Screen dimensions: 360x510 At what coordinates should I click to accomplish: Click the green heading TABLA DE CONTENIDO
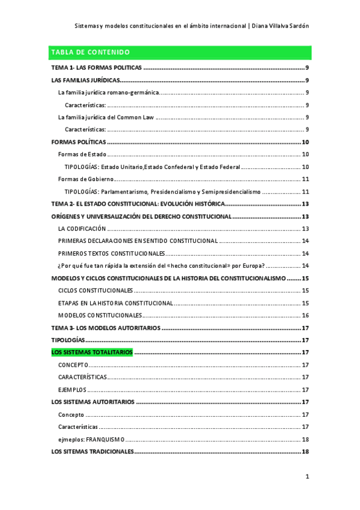coord(90,52)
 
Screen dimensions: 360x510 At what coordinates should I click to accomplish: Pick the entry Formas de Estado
coord(82,155)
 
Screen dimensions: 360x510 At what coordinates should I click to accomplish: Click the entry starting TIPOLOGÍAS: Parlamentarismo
coord(162,192)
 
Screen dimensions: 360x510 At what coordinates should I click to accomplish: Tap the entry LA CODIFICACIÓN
coord(82,229)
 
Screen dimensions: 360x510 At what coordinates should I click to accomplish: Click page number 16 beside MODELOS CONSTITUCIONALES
coord(305,315)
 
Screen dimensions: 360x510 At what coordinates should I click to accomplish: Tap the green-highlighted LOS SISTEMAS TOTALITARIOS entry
coord(92,352)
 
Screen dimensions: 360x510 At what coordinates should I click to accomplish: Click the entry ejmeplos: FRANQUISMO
coord(91,439)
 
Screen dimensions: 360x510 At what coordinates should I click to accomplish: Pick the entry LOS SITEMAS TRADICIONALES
coord(93,452)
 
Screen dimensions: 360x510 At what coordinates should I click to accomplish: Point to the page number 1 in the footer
coord(307,477)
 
